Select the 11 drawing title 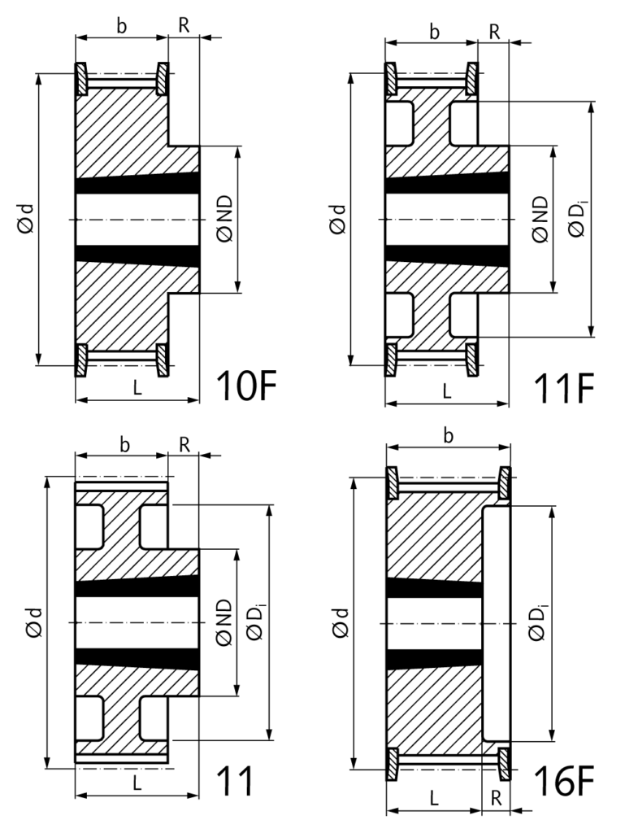tap(236, 781)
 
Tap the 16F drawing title tap(563, 781)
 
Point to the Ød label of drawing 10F tap(27, 218)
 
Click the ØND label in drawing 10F tap(224, 218)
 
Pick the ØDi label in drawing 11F tap(577, 218)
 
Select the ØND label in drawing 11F tap(540, 219)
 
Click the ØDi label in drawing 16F tap(537, 622)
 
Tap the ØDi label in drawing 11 tap(256, 622)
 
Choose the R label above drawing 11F tap(494, 32)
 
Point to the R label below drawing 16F tap(497, 798)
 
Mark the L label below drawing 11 tap(137, 783)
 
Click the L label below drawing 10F tap(137, 388)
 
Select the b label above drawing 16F tap(449, 436)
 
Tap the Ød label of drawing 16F tap(340, 622)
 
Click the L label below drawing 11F tap(447, 391)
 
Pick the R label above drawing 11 tap(184, 445)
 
